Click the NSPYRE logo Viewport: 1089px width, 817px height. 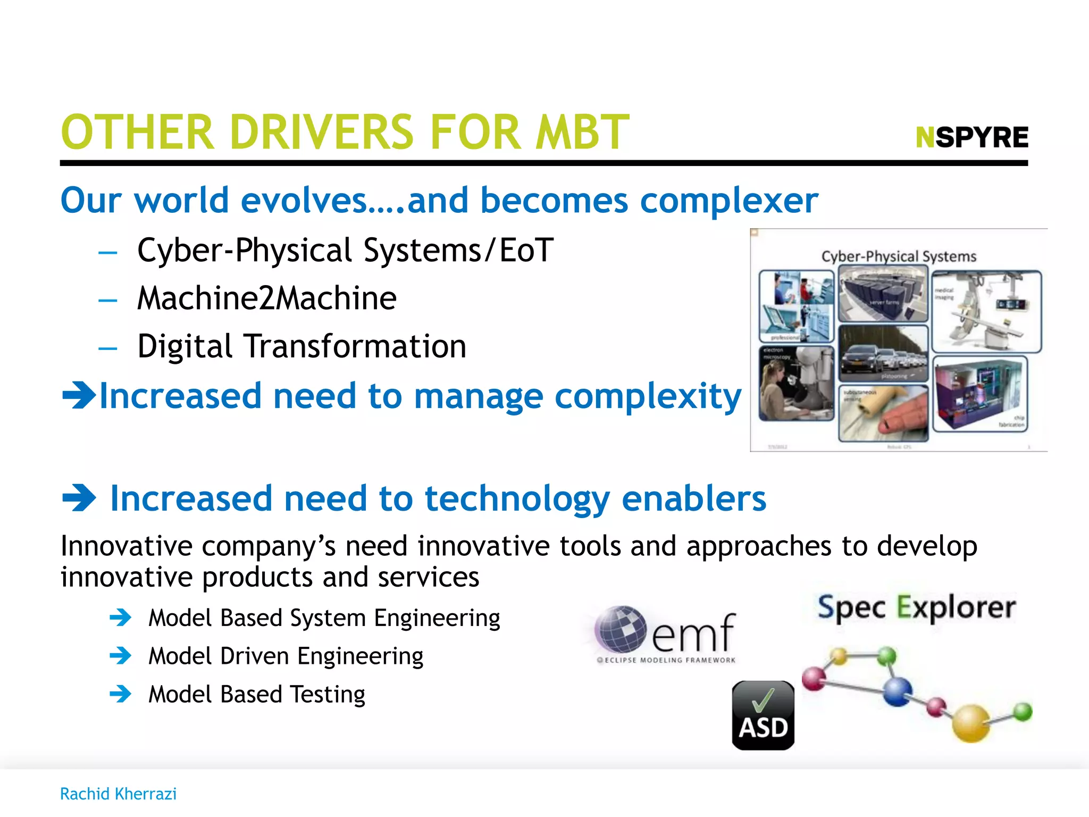click(x=972, y=137)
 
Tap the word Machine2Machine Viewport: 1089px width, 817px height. click(x=266, y=298)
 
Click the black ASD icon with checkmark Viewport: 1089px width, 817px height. click(x=763, y=715)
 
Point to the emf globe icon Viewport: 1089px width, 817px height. click(x=621, y=629)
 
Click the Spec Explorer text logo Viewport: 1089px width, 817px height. click(x=917, y=607)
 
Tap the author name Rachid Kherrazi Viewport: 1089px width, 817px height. click(x=118, y=794)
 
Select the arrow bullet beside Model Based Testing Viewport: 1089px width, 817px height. click(x=121, y=694)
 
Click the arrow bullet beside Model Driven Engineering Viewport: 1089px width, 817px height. click(x=121, y=656)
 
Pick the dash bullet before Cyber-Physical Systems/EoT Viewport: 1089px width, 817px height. click(x=107, y=252)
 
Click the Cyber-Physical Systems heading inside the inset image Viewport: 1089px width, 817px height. click(x=899, y=256)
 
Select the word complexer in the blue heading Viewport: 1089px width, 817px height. click(x=729, y=201)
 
